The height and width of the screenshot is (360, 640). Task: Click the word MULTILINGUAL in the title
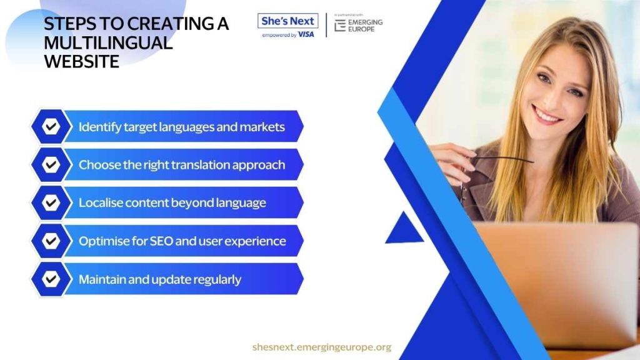click(108, 43)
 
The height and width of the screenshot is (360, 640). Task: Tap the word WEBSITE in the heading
click(82, 62)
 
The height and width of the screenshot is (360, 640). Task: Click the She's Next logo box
click(287, 21)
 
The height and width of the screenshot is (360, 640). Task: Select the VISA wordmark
click(306, 35)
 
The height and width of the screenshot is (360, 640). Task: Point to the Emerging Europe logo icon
click(340, 26)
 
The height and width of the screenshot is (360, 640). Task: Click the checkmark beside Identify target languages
click(51, 126)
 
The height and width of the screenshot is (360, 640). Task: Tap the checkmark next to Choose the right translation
click(51, 164)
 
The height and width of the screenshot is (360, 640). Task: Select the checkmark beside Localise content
click(51, 202)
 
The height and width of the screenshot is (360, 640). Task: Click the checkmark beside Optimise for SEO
click(51, 241)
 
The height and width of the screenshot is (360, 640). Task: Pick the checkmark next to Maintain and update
click(51, 279)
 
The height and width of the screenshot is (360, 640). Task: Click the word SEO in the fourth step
click(162, 241)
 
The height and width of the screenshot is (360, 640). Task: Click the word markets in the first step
click(262, 127)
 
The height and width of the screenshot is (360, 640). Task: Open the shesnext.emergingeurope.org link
click(322, 347)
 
